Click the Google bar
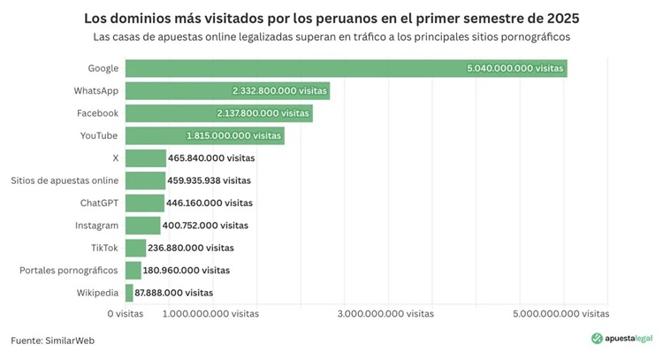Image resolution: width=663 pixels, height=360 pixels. pos(346,68)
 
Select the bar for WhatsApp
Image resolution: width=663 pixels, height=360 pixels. pos(227,90)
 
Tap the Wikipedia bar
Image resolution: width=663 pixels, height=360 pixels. pos(129,293)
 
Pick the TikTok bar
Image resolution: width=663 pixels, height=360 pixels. pos(135,248)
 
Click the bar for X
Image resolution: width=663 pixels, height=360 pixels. pos(146,157)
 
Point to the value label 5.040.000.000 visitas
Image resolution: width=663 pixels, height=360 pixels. pos(514,68)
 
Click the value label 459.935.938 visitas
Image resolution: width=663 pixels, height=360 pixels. pos(209,180)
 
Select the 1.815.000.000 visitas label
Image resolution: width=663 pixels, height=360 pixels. pos(233,135)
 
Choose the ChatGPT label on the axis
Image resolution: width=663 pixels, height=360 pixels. pos(99,203)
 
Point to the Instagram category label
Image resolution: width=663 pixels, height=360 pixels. pos(97,226)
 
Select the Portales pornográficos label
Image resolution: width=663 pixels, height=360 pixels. pos(69,270)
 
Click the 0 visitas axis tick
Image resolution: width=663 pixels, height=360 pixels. pos(125,314)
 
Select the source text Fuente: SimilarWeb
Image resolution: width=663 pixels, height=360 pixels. pos(52,340)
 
